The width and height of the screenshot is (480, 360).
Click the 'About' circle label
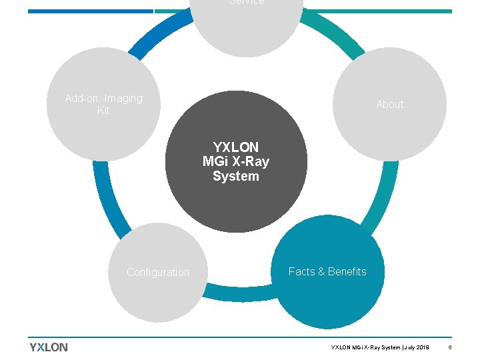point(389,105)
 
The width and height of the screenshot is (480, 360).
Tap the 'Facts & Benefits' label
point(327,272)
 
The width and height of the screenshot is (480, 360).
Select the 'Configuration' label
point(158,273)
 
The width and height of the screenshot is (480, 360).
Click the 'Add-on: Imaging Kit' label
point(103,105)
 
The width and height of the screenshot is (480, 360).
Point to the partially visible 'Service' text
point(247,3)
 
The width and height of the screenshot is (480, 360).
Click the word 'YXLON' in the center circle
point(236,147)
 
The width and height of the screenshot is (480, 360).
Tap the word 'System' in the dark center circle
point(236,177)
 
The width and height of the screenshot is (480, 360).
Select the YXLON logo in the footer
point(49,347)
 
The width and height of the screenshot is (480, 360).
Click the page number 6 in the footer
point(450,347)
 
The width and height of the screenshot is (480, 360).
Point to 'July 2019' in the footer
point(417,347)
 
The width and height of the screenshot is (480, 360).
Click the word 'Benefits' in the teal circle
point(347,272)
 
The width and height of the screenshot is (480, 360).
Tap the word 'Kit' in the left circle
point(103,111)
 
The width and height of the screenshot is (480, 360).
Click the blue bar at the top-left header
point(90,11)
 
